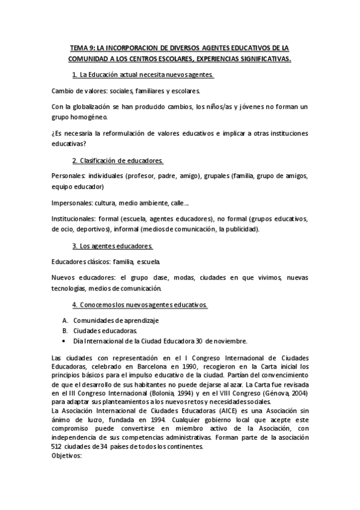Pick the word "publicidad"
(x=240, y=229)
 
